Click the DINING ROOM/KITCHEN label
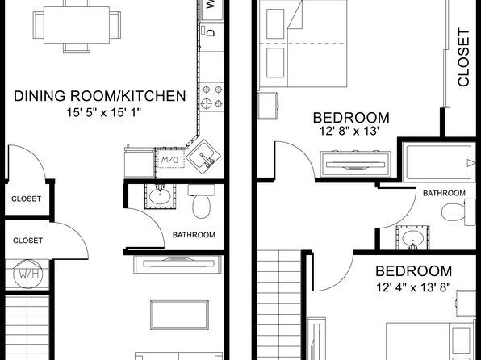point(100,96)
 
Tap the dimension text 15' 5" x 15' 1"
point(103,113)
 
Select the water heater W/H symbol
point(28,274)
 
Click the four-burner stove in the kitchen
point(211,97)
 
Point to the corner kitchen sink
point(204,157)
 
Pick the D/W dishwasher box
point(170,159)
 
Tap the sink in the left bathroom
point(160,196)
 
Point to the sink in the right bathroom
point(412,238)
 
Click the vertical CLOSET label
point(463,57)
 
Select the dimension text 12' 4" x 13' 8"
point(413,287)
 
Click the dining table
point(77,25)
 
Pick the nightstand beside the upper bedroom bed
point(267,106)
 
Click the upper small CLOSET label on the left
point(27,199)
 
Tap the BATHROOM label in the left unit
point(194,235)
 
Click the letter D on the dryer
point(211,32)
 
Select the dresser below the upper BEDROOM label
point(356,164)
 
